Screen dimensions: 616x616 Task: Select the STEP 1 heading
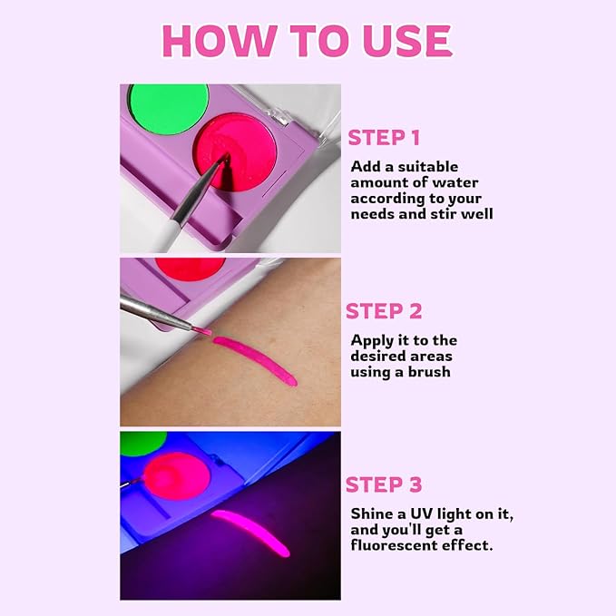(384, 138)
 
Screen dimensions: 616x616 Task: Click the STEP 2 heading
(384, 311)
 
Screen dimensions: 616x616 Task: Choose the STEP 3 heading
(384, 484)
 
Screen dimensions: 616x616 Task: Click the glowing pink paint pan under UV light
(176, 474)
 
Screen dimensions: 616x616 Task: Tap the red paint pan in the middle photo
(191, 267)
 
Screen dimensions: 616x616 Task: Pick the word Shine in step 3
(371, 513)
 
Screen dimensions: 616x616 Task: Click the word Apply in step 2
(373, 339)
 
